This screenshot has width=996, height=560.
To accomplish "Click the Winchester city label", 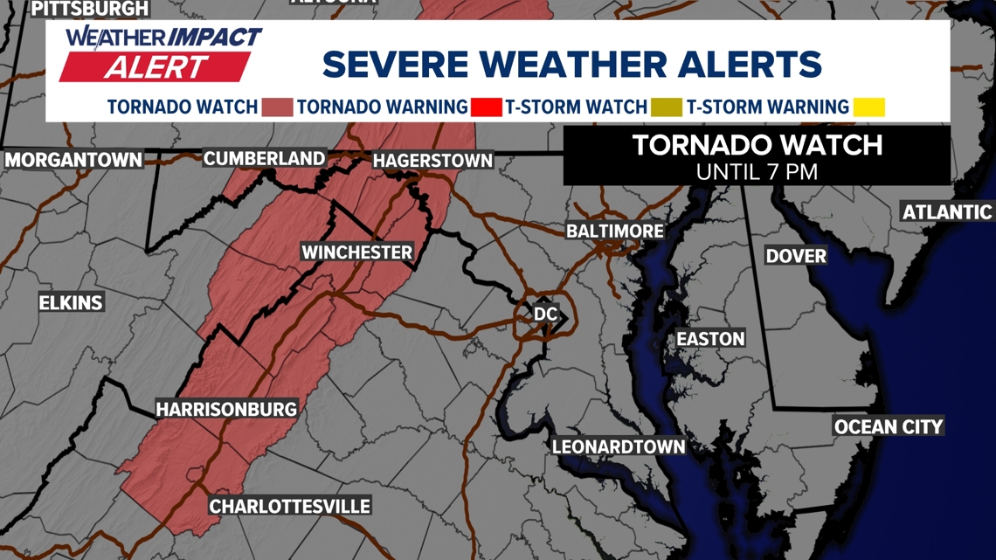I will [356, 252].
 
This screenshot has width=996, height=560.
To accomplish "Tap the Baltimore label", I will [615, 232].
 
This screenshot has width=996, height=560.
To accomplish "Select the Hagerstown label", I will [432, 161].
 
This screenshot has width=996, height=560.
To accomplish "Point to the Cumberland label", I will [264, 158].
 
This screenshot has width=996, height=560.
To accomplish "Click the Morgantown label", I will [73, 160].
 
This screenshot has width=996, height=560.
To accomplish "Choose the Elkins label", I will [71, 303].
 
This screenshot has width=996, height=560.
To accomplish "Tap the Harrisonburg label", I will [226, 409].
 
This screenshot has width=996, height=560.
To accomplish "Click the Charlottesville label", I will [289, 506].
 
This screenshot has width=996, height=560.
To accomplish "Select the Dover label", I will [796, 255].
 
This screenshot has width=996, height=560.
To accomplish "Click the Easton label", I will [711, 339].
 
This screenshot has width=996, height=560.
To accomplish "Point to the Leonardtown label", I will [619, 446].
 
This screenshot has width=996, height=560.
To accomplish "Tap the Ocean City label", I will [889, 426].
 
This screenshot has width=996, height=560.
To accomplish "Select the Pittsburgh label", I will [89, 9].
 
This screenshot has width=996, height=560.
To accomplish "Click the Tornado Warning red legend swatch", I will [486, 107].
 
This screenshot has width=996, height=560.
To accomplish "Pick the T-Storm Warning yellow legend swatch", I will [869, 107].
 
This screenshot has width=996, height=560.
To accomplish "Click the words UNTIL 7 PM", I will [757, 171].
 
